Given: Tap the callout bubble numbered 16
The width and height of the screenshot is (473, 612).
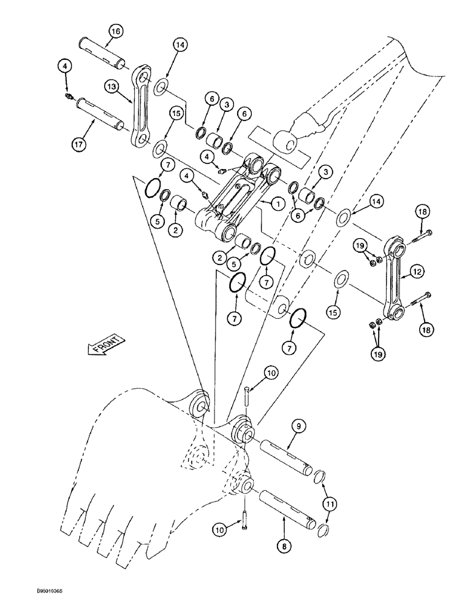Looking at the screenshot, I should tap(116, 31).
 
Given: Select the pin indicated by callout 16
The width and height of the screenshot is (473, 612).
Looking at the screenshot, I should tap(103, 53).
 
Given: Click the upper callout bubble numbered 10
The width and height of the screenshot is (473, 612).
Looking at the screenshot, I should tap(271, 372).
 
